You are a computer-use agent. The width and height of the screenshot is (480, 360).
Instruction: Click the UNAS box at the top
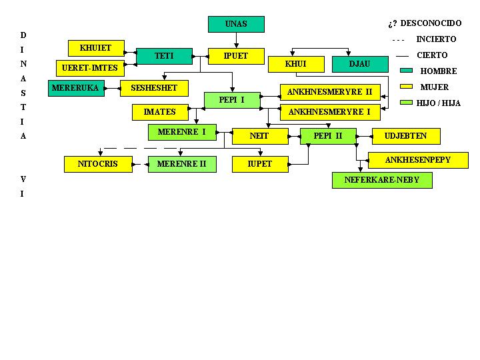point(236,24)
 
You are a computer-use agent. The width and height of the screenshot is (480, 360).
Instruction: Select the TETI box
point(164,56)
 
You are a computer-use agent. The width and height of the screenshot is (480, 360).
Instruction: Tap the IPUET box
point(236,56)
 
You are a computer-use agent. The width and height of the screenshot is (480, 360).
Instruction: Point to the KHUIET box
point(95,48)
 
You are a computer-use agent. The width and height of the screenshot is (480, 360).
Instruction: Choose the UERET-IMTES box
point(89,67)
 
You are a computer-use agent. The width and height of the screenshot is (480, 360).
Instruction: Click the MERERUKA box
point(76,88)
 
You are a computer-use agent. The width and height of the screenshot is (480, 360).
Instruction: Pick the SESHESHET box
point(154,88)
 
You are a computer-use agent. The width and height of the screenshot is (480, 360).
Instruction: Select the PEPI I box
point(231,100)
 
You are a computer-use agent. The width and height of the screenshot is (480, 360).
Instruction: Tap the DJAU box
point(359,64)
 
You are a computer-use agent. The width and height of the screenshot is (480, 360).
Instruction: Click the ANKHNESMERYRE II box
point(329,92)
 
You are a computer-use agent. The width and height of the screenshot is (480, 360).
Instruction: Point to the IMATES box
point(160,112)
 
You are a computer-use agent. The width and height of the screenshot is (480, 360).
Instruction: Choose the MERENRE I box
point(182,132)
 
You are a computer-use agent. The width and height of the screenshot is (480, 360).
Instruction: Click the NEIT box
point(259,136)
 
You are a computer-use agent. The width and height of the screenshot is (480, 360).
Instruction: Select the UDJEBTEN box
point(405,136)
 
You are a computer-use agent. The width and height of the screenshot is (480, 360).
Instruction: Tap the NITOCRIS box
point(97,163)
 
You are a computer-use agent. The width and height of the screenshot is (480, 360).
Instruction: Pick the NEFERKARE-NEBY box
point(382,180)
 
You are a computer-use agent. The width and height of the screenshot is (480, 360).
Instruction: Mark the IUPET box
point(259,163)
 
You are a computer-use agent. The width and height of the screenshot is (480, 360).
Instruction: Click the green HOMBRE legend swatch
point(407,71)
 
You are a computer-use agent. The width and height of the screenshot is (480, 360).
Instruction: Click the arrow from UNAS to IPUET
point(236,40)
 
